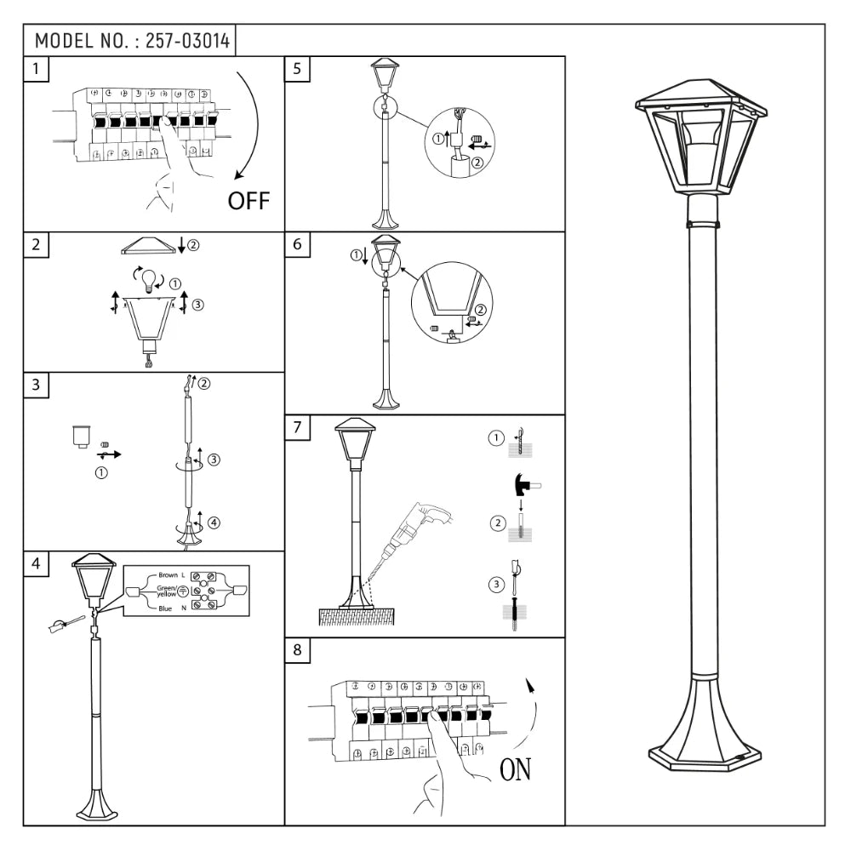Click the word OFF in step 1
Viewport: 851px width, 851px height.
(248, 201)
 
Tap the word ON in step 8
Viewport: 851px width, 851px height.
(514, 770)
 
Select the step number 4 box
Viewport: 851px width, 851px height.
(35, 563)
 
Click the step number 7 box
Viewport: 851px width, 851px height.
(296, 427)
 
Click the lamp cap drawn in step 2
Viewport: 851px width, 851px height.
(148, 245)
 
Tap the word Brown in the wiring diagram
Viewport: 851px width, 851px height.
(168, 576)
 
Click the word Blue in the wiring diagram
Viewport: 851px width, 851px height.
(165, 608)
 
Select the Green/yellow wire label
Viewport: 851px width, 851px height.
(166, 591)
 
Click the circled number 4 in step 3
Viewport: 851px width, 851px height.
(214, 522)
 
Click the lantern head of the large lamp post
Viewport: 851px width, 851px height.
(700, 136)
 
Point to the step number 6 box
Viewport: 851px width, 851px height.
(296, 243)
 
